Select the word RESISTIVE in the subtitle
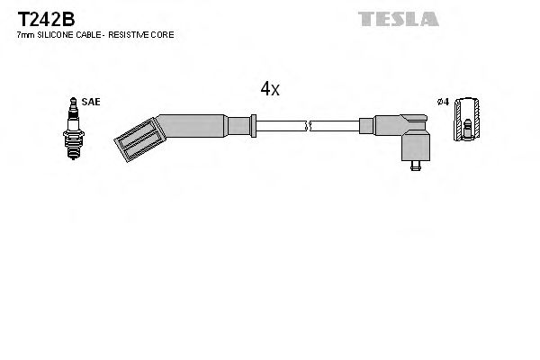click(133, 34)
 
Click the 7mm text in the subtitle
click(26, 34)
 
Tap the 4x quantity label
click(270, 88)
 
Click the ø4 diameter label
click(442, 103)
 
